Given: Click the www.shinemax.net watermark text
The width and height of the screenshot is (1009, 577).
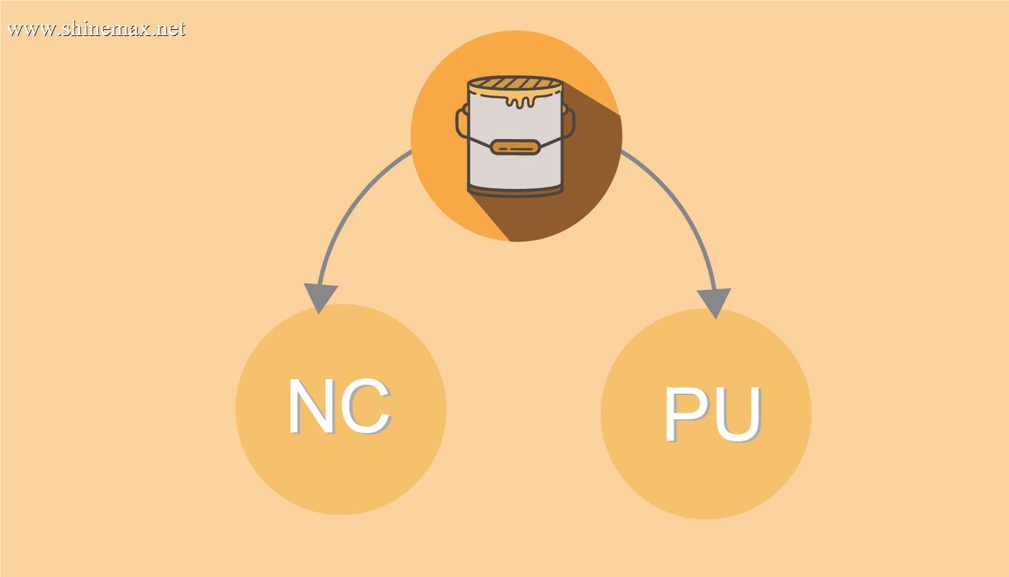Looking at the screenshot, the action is [x=96, y=29].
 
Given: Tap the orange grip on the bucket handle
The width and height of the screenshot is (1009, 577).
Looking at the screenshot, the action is [x=515, y=147].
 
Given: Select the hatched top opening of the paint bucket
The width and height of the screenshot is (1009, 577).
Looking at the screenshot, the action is [x=515, y=84].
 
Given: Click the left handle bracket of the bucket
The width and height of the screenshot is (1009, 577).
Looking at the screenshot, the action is [x=462, y=122].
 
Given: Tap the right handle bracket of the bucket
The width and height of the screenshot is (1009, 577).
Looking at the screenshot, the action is [x=568, y=122].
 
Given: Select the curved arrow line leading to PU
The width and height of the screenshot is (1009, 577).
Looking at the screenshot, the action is [x=681, y=211].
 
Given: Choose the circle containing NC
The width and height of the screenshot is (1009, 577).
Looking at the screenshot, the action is [x=341, y=410].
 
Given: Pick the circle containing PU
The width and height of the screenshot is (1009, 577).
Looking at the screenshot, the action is [x=706, y=414].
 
